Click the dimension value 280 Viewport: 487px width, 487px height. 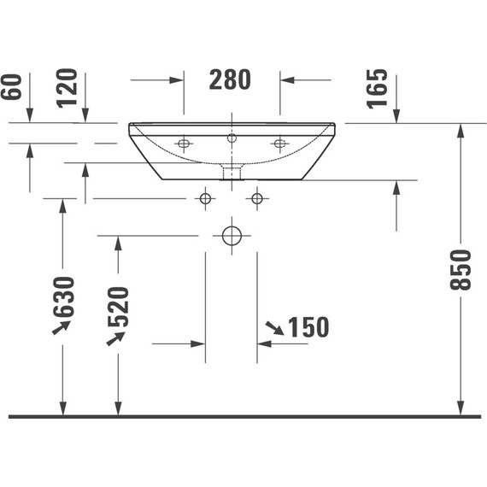pyautogui.click(x=231, y=79)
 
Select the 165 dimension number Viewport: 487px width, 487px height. pyautogui.click(x=377, y=88)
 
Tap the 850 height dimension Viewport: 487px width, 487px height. pyautogui.click(x=461, y=269)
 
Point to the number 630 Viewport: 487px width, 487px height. pyautogui.click(x=63, y=295)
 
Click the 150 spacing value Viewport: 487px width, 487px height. pyautogui.click(x=308, y=326)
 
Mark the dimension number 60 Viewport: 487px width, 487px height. pyautogui.click(x=10, y=85)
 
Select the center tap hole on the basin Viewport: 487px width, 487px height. pyautogui.click(x=231, y=138)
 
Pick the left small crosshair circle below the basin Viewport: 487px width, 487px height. pyautogui.click(x=204, y=199)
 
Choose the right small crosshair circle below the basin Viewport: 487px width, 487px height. pyautogui.click(x=257, y=199)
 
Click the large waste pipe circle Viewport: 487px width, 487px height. pyautogui.click(x=231, y=235)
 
